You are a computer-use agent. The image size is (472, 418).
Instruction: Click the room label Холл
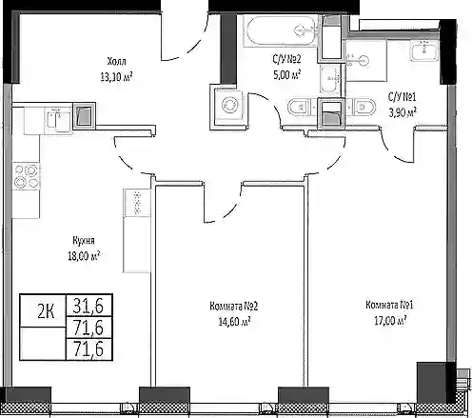116,61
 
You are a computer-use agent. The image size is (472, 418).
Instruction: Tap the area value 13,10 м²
116,76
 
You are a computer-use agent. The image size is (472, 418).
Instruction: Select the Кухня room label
84,241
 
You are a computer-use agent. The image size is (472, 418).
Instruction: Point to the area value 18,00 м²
84,256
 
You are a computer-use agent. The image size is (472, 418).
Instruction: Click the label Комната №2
233,307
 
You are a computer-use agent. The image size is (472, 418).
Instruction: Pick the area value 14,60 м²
234,322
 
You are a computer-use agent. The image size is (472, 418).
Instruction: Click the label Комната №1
389,305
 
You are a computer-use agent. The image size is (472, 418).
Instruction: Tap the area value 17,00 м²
390,321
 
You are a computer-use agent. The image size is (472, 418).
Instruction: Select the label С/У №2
286,59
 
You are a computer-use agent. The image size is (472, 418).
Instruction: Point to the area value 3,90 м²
403,112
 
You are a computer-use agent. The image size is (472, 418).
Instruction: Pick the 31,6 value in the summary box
88,306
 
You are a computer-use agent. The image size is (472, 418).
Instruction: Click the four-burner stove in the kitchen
26,176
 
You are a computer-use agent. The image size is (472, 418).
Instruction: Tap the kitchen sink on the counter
58,120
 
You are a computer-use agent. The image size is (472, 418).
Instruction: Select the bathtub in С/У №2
281,30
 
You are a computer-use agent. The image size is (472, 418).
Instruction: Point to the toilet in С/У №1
362,107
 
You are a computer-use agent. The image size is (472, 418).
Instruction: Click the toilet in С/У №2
302,107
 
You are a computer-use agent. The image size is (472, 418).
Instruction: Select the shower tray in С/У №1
366,60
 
